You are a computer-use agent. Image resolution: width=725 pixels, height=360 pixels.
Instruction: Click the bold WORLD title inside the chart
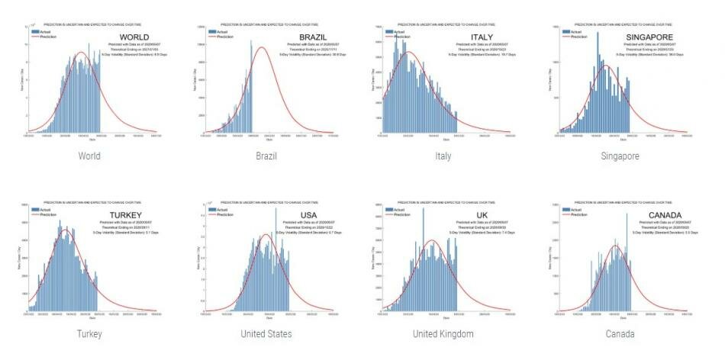coord(134,37)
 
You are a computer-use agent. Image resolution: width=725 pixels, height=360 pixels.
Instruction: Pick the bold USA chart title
coord(312,214)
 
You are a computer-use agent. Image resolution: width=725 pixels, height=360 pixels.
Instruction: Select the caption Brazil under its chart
coord(266,156)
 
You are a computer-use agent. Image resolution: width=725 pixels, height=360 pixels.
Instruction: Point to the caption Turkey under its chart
coord(89,334)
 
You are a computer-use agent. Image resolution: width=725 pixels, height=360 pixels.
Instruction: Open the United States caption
coord(266,334)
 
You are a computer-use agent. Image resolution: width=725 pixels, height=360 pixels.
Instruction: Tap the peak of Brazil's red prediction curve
coord(261,47)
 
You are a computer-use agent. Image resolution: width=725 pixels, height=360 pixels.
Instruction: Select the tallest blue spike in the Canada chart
coord(627,215)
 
